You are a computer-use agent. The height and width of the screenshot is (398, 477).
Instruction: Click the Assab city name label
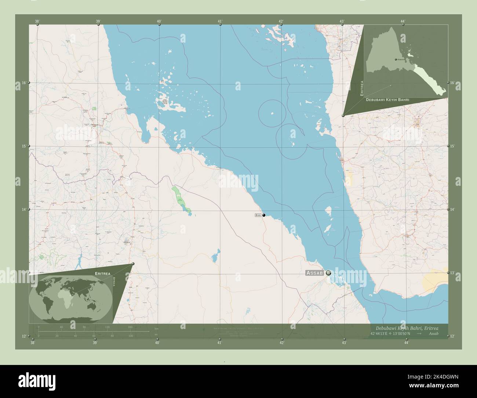(x=315, y=273)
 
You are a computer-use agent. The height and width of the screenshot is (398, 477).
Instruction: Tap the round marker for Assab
(x=328, y=273)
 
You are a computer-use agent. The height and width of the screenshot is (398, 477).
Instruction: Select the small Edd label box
(x=258, y=215)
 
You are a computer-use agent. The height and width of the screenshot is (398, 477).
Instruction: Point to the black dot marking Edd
(x=264, y=215)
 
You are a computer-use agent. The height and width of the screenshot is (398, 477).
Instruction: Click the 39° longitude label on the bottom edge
(x=95, y=343)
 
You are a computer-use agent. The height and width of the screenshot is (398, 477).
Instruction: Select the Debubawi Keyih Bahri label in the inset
(x=387, y=100)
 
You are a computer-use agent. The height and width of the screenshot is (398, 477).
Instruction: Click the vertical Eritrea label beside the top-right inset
(x=362, y=88)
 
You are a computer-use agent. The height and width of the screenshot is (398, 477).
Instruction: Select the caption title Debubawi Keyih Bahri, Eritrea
(x=407, y=328)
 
